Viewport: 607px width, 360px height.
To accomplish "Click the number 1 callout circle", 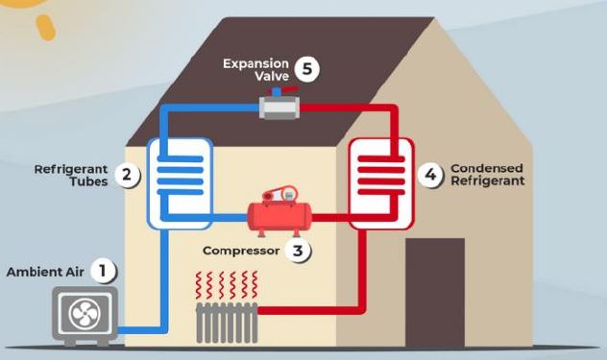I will click(103, 271).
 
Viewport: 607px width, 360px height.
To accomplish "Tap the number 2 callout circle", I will click(126, 175).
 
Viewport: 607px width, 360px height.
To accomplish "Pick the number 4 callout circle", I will click(431, 175).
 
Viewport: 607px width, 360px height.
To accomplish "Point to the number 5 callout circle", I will click(306, 69).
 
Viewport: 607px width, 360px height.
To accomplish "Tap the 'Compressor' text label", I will click(241, 251).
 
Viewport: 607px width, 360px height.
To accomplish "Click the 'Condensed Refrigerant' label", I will click(487, 175).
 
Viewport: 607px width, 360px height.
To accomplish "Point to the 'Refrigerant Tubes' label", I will click(69, 175).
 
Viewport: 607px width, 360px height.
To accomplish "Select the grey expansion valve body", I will click(279, 108).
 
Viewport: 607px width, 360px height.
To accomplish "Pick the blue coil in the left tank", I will click(181, 179).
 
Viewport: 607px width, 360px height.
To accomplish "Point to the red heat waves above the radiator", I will click(227, 285).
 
